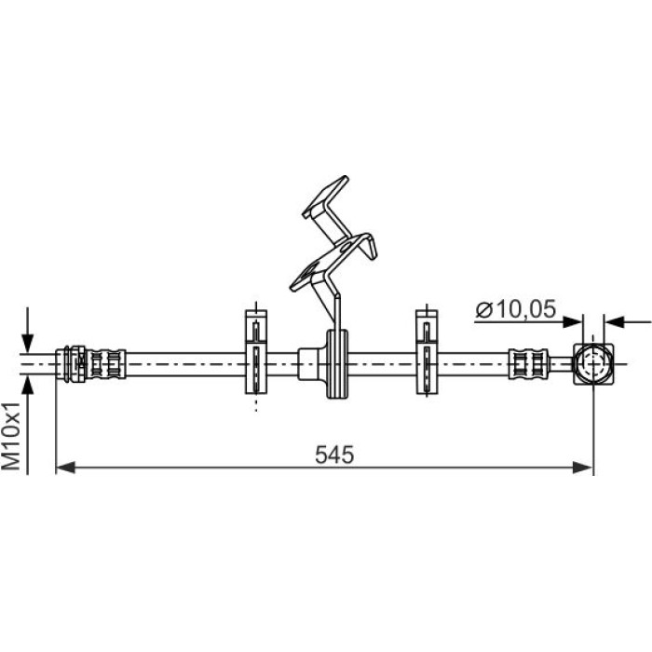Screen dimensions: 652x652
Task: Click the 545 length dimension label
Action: pos(334,455)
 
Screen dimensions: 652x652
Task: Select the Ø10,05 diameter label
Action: pos(516,309)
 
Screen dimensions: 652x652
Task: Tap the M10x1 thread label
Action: pos(11,436)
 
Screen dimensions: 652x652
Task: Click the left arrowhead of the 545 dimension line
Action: pos(65,468)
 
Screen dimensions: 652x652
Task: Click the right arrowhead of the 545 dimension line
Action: pos(582,468)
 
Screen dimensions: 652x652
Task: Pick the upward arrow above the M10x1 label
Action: pos(27,425)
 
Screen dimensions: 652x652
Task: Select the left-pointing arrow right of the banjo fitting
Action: pos(628,322)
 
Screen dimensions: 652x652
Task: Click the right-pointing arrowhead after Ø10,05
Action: pos(572,322)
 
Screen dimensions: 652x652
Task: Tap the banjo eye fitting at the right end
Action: pos(593,364)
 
